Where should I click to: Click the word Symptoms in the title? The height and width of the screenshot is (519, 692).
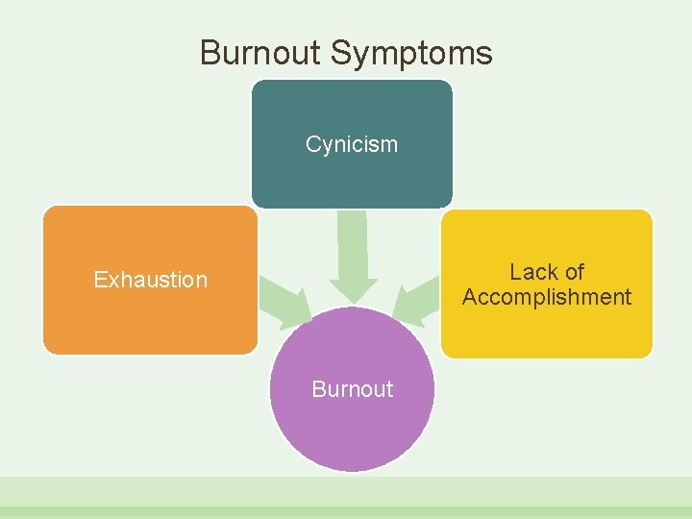coord(411,54)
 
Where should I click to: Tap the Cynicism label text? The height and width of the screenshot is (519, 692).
coord(351,144)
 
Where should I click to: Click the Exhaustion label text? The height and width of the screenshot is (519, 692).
coord(150,280)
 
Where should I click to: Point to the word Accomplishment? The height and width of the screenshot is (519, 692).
coord(547,297)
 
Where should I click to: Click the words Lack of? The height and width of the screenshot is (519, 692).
coord(547,272)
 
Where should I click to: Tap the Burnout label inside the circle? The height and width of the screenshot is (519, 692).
coord(352,389)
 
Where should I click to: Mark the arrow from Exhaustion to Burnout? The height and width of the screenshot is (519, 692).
coord(286,299)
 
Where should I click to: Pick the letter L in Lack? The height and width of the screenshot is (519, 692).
coord(515,272)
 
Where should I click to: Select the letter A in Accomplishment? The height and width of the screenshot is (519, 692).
coord(470,297)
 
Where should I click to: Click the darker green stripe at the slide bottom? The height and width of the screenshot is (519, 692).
coord(346,512)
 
